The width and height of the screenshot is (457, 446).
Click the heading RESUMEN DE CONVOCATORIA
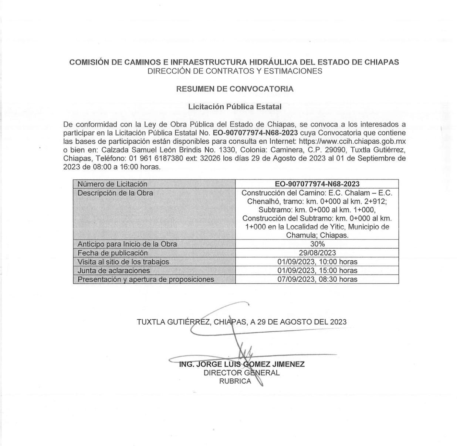[x=234, y=89]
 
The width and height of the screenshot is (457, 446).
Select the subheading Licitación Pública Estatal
[x=234, y=107]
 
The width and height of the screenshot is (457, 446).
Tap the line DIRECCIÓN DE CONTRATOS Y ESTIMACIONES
[x=234, y=71]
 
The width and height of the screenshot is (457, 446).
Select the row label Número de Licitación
[x=112, y=184]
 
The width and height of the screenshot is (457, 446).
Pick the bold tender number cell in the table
[x=317, y=184]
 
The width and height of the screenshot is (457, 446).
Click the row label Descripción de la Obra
[x=115, y=193]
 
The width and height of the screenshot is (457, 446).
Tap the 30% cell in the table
[x=317, y=244]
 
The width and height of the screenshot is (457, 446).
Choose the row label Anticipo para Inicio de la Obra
[x=127, y=244]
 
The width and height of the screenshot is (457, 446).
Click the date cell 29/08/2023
[x=317, y=253]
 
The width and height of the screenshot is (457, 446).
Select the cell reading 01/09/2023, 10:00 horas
[x=317, y=262]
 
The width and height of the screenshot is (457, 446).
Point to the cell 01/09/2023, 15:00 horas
[x=317, y=271]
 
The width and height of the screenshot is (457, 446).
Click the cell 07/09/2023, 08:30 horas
[x=317, y=279]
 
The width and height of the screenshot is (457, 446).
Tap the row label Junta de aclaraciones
[x=114, y=271]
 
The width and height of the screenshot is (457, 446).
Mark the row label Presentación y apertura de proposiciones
[x=145, y=279]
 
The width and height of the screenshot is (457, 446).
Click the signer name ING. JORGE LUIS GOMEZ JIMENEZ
[x=242, y=364]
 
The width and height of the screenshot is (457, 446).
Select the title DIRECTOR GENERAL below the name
[x=241, y=373]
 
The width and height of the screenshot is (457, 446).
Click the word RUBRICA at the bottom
[x=235, y=381]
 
